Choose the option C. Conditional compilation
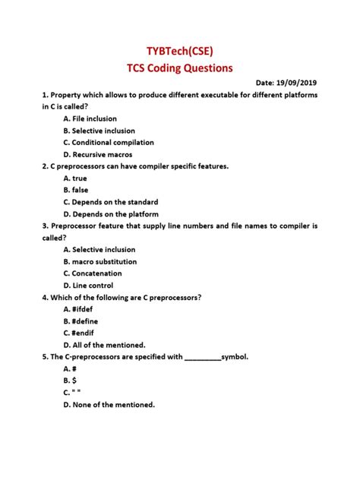[108, 142]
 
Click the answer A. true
[75, 178]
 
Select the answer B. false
[76, 190]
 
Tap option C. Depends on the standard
[110, 202]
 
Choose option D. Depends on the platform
[111, 213]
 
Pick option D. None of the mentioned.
[109, 404]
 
